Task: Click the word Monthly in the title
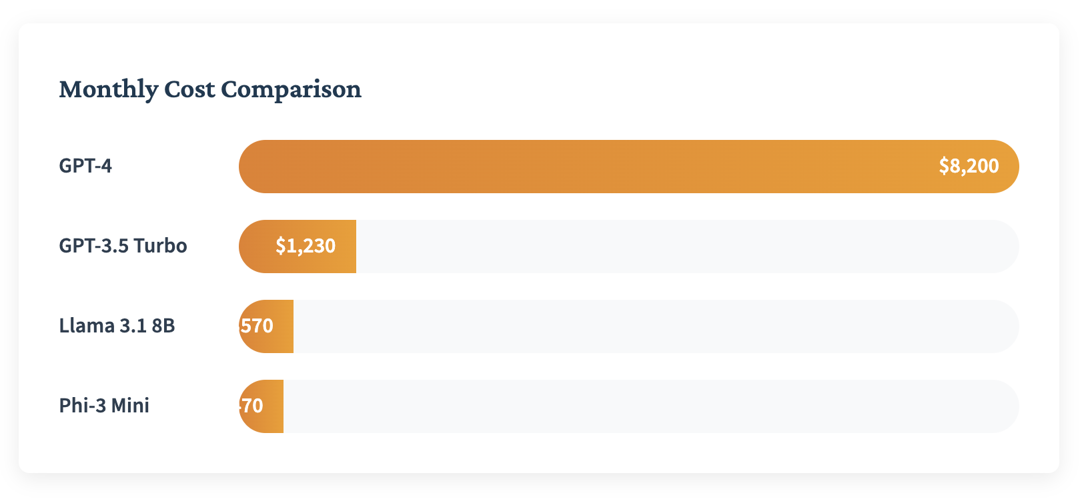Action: [108, 89]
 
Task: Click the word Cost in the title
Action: [189, 89]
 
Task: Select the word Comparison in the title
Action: [291, 89]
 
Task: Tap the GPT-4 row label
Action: [85, 166]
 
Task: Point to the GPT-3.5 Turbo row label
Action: [123, 246]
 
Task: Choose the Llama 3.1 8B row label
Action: [117, 326]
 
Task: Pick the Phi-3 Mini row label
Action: [104, 406]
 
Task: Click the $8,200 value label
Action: [969, 166]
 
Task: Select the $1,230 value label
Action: [306, 246]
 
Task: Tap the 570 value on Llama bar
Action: [257, 326]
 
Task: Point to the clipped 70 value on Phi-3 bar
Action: [251, 406]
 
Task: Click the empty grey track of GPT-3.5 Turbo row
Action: [687, 246]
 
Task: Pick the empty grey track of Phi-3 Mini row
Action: [650, 406]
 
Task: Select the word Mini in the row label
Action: [130, 406]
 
